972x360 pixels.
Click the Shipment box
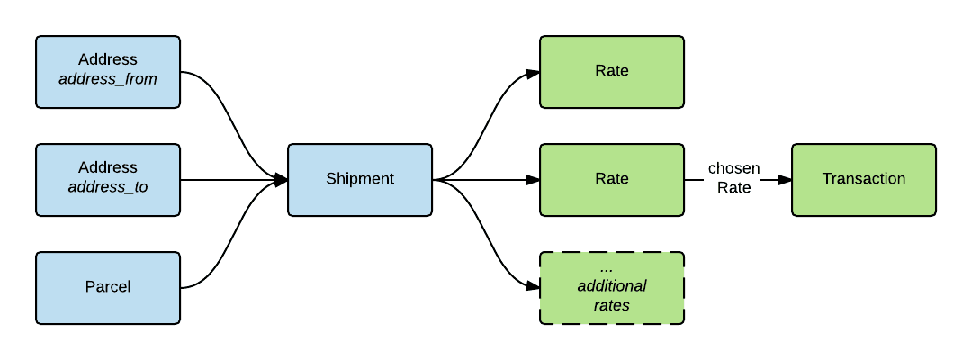[x=360, y=179]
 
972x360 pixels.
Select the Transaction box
[x=863, y=179]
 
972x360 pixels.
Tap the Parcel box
[x=108, y=287]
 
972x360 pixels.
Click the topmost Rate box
[x=612, y=71]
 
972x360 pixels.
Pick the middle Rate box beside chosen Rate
[x=612, y=179]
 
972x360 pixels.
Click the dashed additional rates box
[x=612, y=288]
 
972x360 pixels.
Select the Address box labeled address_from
[x=108, y=71]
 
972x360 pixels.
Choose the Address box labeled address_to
[x=108, y=179]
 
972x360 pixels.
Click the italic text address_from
[x=108, y=79]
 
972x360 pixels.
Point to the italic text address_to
[x=108, y=188]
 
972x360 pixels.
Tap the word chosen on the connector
[x=733, y=169]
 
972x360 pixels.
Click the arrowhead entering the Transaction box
[x=785, y=180]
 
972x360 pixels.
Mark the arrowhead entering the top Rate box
[x=533, y=73]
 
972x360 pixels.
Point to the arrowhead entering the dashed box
[x=533, y=287]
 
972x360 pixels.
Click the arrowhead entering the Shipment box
[x=281, y=180]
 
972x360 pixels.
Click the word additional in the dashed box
[x=612, y=286]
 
